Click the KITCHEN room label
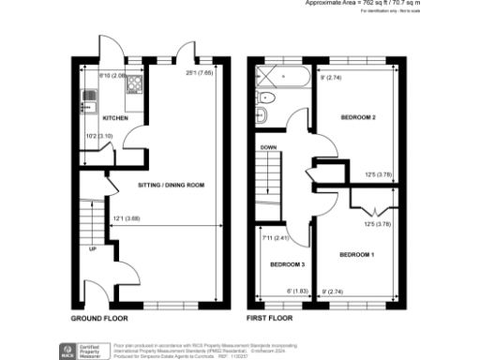tap(115, 118)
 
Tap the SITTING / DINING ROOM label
tap(170, 186)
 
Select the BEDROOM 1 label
tap(357, 255)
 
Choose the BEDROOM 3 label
tap(287, 264)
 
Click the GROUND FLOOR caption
tap(100, 319)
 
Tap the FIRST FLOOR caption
tap(271, 319)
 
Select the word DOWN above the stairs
tap(267, 147)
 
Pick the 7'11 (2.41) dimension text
tap(277, 237)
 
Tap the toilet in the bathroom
tap(265, 115)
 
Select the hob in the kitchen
tap(133, 82)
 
